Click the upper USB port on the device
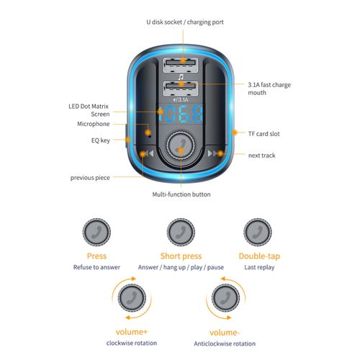pos(181,65)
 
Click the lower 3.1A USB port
pos(181,89)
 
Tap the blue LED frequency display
pos(180,114)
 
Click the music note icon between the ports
pos(181,77)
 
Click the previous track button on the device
pos(147,153)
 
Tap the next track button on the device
pos(215,153)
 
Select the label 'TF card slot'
pos(264,134)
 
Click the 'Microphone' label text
pos(94,124)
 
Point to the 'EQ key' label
pos(101,140)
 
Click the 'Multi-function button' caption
pos(181,194)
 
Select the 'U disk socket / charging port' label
pos(185,22)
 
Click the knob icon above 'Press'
pos(96,232)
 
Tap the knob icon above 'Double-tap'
pos(258,232)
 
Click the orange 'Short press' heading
pos(181,256)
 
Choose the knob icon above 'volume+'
pos(132,298)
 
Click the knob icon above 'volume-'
pos(225,298)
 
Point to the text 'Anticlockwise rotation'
pos(225,343)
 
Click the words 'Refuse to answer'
pos(96,267)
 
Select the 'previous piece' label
pos(90,178)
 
